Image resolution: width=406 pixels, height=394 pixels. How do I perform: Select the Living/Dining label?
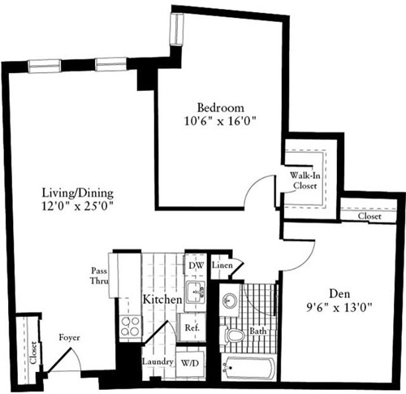(x=78, y=193)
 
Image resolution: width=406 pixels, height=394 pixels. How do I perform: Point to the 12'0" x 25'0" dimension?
(x=78, y=206)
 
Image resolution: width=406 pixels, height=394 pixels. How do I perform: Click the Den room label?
(x=339, y=295)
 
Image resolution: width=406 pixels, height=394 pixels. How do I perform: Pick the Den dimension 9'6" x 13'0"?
(x=339, y=309)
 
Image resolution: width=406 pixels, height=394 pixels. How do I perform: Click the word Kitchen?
(x=162, y=300)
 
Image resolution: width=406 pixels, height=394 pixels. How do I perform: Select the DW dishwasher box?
(x=196, y=266)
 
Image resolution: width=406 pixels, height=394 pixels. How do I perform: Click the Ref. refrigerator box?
(x=193, y=328)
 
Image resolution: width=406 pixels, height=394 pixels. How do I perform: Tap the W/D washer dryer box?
(x=192, y=362)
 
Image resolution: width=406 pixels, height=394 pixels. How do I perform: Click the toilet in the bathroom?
(x=235, y=334)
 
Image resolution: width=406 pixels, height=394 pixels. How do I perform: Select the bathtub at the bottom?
(x=248, y=369)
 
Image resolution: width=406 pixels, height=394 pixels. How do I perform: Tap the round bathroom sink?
(x=229, y=298)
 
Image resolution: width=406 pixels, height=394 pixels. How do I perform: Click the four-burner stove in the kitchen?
(x=131, y=326)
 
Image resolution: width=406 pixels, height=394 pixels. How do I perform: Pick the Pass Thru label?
(x=97, y=278)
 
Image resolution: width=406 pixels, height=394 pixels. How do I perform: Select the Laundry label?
(x=154, y=362)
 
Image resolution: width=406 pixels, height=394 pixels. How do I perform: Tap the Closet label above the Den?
(x=369, y=217)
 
